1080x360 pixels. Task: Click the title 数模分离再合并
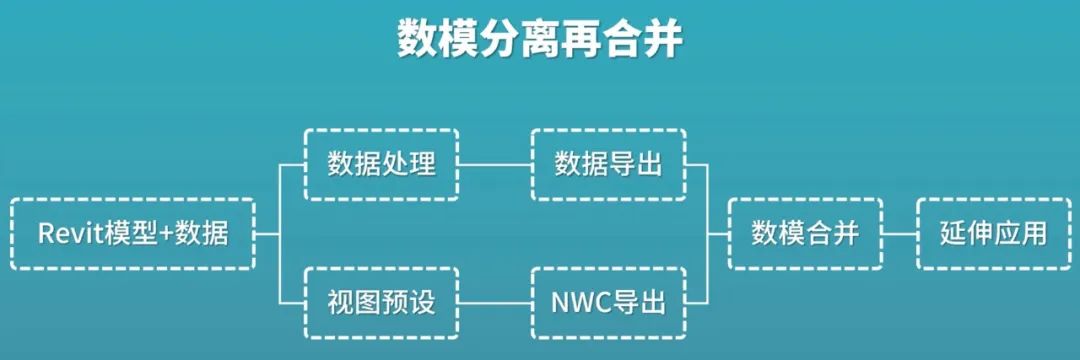point(540,40)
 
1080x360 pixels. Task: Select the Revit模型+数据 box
point(133,234)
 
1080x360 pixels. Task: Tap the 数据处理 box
point(381,164)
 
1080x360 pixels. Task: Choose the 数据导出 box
point(608,164)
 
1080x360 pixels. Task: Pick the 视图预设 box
point(381,302)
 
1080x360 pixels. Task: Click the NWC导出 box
point(608,302)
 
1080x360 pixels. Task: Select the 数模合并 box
point(805,234)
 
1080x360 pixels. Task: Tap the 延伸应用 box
point(993,234)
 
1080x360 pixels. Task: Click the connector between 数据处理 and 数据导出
point(494,164)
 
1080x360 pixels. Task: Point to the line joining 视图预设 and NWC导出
point(494,302)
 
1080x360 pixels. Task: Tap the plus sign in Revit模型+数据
point(166,235)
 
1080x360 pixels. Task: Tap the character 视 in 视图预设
point(341,302)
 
